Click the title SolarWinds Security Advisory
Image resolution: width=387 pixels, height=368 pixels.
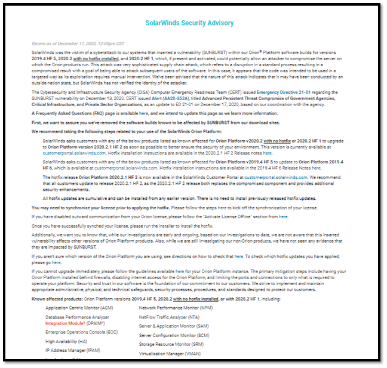[x=190, y=23]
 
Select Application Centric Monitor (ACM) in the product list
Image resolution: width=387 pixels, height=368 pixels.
[x=78, y=308]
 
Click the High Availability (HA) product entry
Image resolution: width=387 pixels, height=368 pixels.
[x=66, y=342]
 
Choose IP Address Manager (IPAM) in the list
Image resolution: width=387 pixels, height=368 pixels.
[x=73, y=352]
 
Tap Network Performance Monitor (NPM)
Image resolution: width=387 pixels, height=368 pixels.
[x=176, y=308]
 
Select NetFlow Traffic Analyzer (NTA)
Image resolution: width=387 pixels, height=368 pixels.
[x=170, y=318]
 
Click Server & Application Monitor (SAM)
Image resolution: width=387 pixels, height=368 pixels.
[x=174, y=327]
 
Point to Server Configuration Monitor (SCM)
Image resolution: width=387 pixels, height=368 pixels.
[x=174, y=336]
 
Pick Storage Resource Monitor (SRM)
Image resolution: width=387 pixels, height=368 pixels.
[x=171, y=344]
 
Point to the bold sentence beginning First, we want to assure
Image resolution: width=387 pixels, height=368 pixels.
[x=149, y=121]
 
